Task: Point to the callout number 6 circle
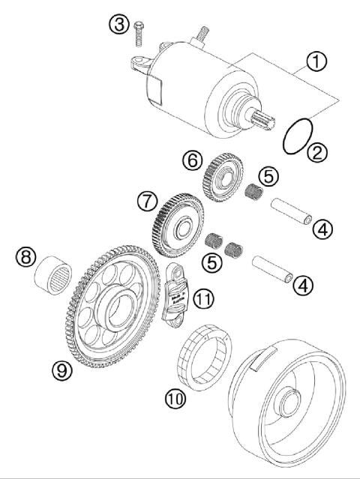[x=191, y=160]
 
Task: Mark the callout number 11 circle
[x=203, y=299]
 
